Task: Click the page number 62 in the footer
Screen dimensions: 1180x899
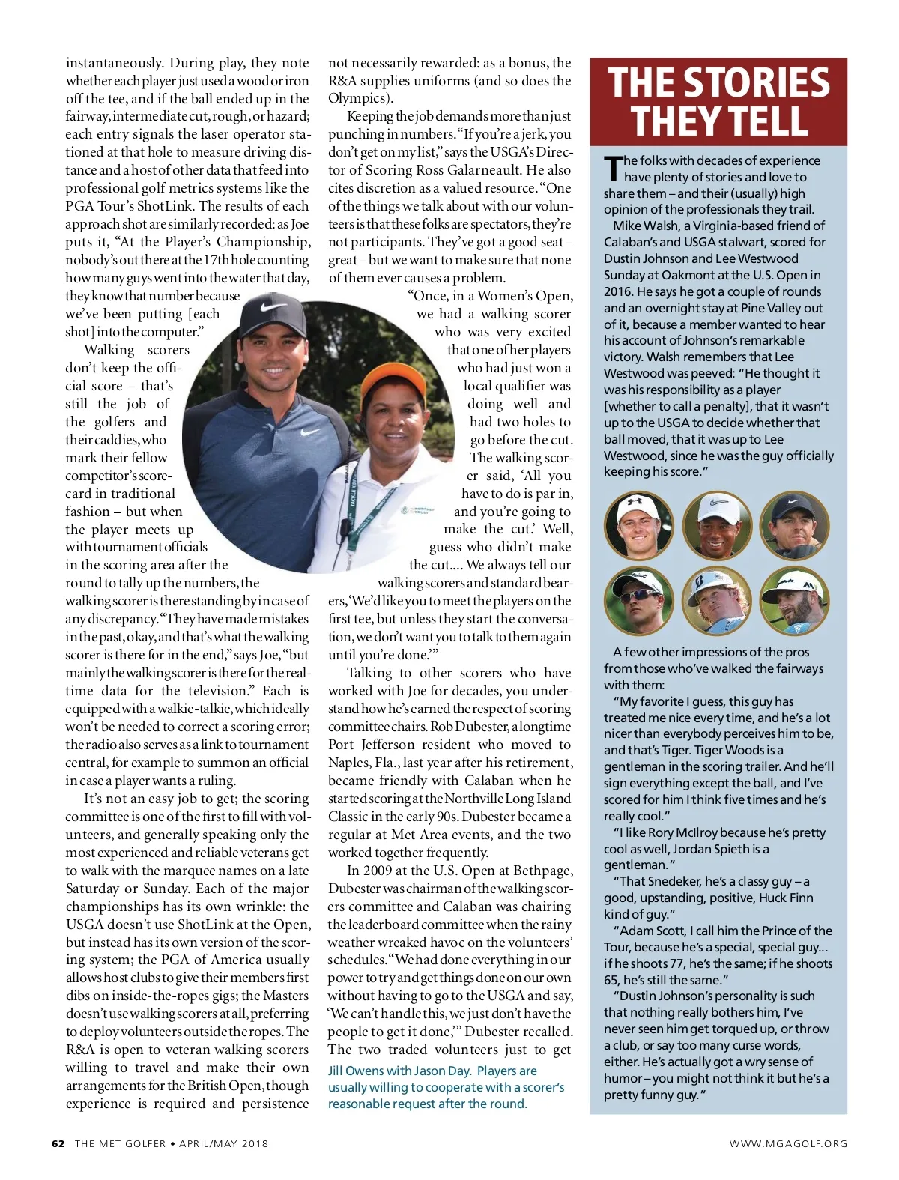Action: (58, 1143)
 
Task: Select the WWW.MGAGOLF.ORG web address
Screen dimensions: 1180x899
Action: (788, 1143)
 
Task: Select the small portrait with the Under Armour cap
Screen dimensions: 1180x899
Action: (638, 526)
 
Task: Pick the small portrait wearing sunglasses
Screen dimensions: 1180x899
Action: (638, 602)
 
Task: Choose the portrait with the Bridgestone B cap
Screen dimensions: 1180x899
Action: (717, 602)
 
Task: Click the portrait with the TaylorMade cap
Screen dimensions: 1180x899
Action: (795, 602)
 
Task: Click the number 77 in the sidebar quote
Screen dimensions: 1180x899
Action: (685, 963)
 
